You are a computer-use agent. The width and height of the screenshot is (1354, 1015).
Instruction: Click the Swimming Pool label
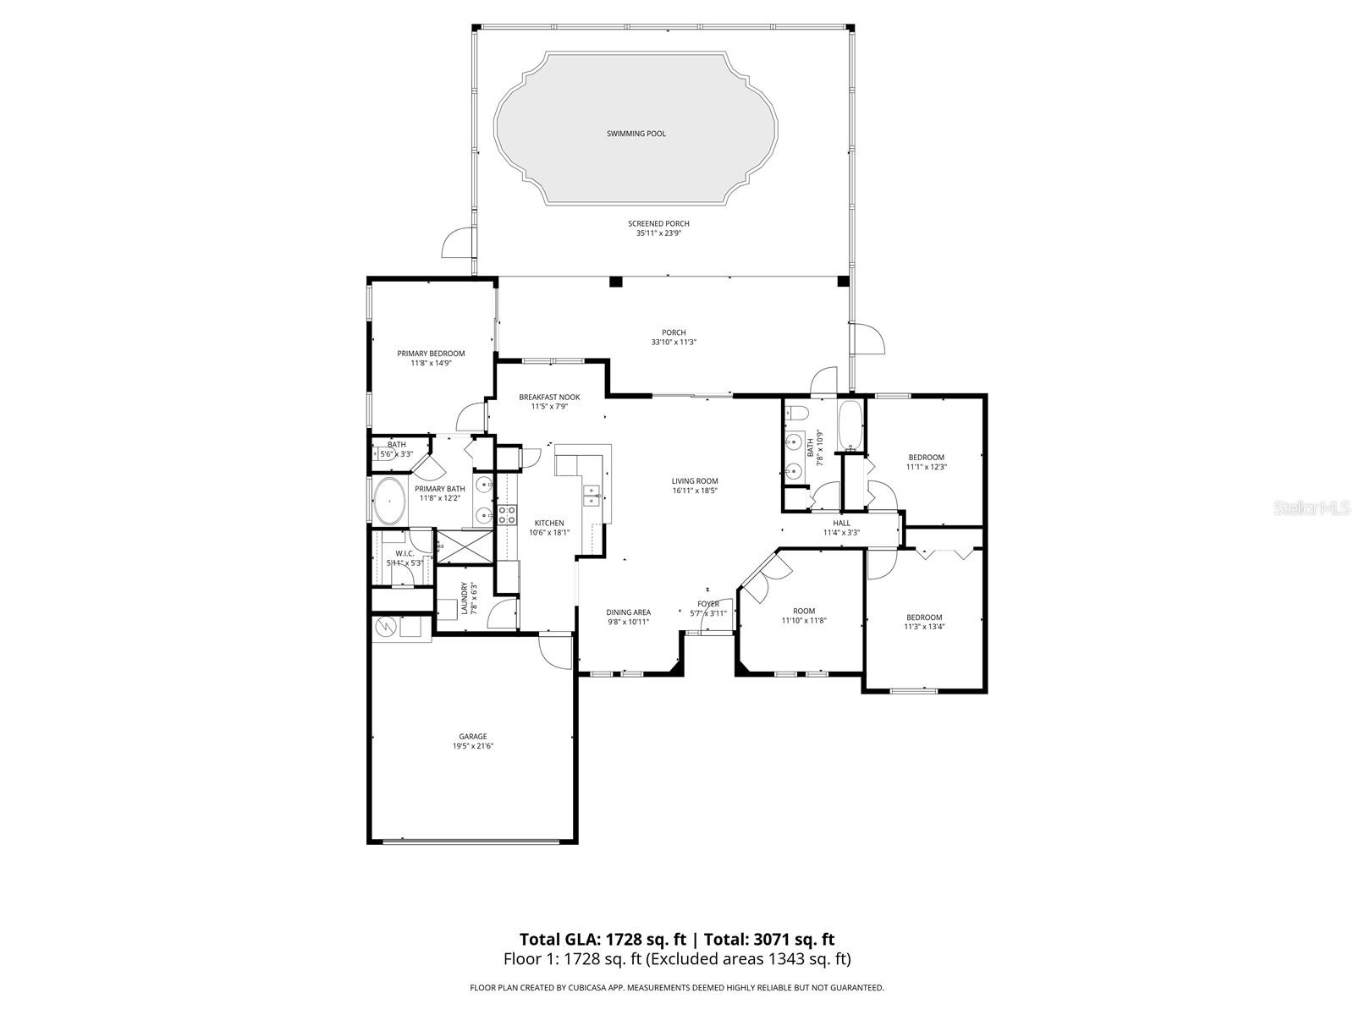click(636, 134)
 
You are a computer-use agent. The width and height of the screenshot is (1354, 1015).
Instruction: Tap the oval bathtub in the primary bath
click(388, 501)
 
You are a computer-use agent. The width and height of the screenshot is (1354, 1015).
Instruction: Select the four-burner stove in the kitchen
click(507, 514)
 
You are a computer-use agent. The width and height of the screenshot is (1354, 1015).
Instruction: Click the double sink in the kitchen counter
click(592, 495)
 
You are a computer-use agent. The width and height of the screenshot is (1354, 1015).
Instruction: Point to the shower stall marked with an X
click(465, 546)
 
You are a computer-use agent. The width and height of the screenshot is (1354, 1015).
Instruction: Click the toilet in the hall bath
click(795, 414)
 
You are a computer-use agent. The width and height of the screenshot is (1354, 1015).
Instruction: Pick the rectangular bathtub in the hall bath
click(850, 425)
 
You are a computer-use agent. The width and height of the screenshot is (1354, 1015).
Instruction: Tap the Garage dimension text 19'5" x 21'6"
click(472, 746)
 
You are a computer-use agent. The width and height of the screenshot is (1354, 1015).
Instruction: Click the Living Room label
click(695, 480)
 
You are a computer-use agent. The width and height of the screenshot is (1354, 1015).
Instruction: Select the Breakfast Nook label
click(549, 397)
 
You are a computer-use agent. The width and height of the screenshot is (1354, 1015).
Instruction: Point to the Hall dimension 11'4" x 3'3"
click(841, 533)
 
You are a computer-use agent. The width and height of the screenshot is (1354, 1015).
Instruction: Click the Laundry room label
click(464, 598)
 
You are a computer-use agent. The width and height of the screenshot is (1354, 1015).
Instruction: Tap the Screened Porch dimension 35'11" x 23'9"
click(658, 233)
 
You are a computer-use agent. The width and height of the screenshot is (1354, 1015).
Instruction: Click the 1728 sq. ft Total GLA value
click(645, 939)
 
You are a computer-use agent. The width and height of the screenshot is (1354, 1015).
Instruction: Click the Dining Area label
click(628, 612)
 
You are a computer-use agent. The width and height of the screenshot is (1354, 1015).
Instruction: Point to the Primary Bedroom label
click(431, 353)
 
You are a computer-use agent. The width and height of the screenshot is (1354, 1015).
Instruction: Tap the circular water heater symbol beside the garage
click(384, 627)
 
